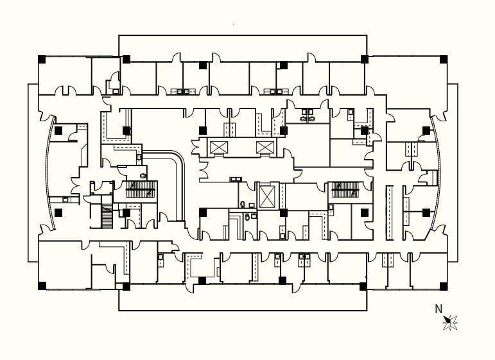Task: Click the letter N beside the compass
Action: [439, 309]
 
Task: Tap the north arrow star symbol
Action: [450, 321]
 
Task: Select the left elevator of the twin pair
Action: [218, 148]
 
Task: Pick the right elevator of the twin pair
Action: [265, 148]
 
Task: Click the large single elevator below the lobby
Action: [266, 196]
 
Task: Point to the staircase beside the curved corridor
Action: [141, 190]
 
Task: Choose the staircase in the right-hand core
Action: [345, 190]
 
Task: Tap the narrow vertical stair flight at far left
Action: [107, 217]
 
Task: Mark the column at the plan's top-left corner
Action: [42, 59]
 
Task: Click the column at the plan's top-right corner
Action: [443, 59]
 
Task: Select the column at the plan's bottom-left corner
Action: [42, 286]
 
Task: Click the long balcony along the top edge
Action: [243, 45]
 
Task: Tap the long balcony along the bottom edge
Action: [243, 300]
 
